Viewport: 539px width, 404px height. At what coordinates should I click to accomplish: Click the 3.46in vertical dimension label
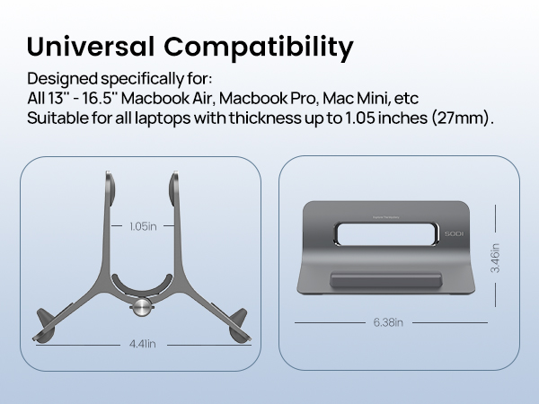[x=495, y=259]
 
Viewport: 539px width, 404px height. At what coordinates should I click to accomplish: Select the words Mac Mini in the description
[x=358, y=97]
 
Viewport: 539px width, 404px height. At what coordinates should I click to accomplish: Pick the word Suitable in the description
[x=55, y=118]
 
